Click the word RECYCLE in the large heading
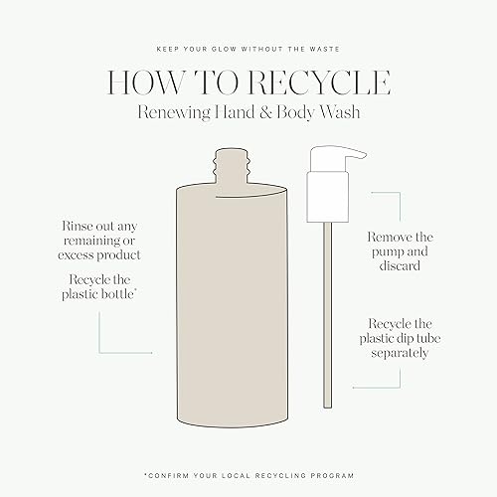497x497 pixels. (x=320, y=83)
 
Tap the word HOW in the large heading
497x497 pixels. (x=145, y=83)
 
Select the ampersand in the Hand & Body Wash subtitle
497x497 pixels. (x=265, y=112)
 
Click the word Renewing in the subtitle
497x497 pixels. (x=174, y=112)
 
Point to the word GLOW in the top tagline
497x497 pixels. (x=224, y=49)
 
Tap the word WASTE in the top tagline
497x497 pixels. (x=325, y=49)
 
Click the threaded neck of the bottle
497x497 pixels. (x=231, y=166)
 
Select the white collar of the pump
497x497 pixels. (x=327, y=197)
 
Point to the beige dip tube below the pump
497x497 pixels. (x=327, y=315)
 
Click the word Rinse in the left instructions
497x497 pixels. (x=77, y=226)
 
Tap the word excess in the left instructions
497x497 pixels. (x=76, y=255)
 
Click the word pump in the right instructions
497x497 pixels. (x=387, y=252)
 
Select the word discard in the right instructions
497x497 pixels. (x=400, y=265)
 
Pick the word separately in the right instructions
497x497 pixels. (x=400, y=353)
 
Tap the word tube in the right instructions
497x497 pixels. (x=428, y=338)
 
